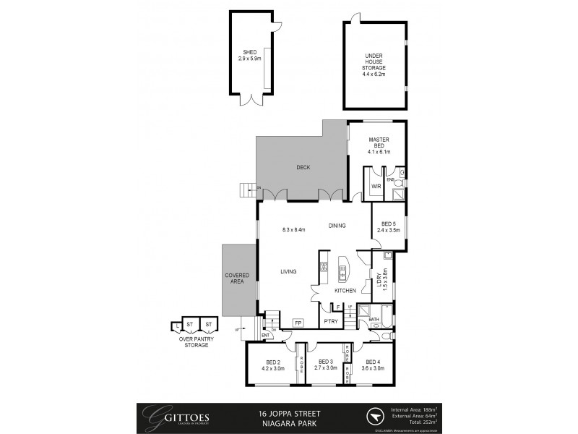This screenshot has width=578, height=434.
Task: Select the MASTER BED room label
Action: [379, 145]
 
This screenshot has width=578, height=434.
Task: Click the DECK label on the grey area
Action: [303, 167]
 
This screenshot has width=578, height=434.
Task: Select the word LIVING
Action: [289, 272]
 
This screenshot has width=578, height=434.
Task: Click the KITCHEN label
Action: [345, 290]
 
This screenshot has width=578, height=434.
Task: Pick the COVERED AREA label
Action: [238, 279]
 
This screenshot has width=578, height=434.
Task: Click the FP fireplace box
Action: [298, 323]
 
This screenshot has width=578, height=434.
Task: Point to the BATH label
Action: [374, 318]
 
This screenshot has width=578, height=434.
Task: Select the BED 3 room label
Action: [324, 365]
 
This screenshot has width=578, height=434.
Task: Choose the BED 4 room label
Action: [373, 365]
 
